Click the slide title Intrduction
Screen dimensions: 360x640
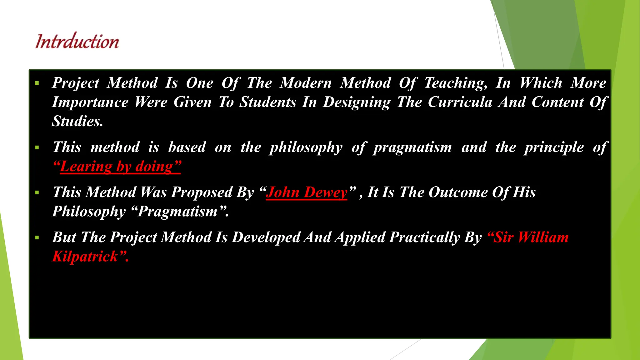77,41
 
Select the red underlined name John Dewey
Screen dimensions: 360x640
307,192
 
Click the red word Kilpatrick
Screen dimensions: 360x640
85,257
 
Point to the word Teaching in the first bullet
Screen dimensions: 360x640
455,83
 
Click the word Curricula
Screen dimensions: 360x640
460,102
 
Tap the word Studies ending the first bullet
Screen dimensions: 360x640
77,121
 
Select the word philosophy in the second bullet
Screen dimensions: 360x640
306,147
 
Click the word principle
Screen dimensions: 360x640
554,147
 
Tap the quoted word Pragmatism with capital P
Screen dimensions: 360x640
177,212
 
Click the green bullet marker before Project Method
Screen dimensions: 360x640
37,83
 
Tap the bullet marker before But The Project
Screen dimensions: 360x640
37,238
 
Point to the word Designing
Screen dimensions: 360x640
356,102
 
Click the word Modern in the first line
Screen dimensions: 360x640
305,83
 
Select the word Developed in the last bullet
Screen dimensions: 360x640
266,237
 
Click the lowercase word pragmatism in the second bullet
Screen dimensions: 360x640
412,147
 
